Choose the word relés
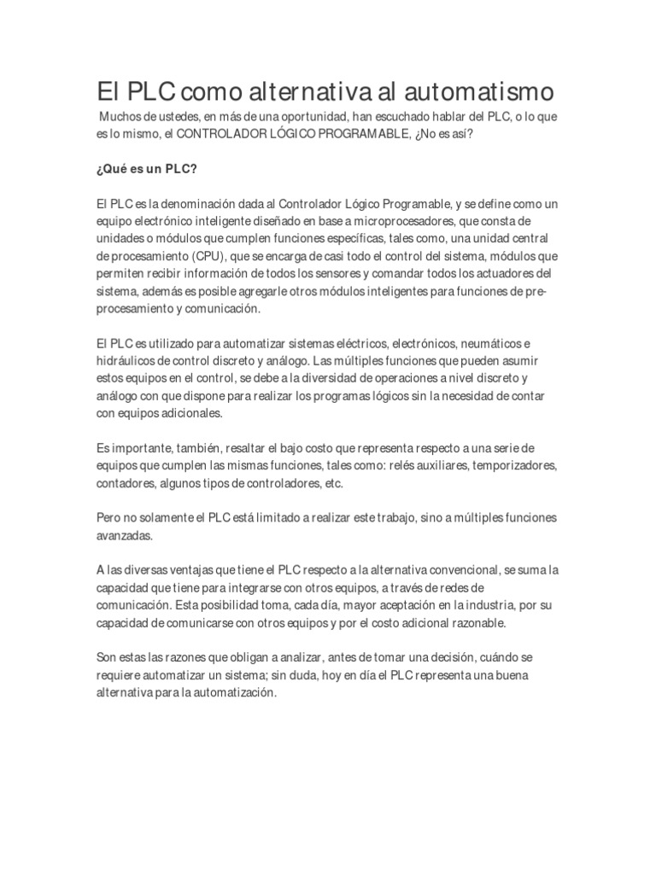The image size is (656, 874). coord(419,466)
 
